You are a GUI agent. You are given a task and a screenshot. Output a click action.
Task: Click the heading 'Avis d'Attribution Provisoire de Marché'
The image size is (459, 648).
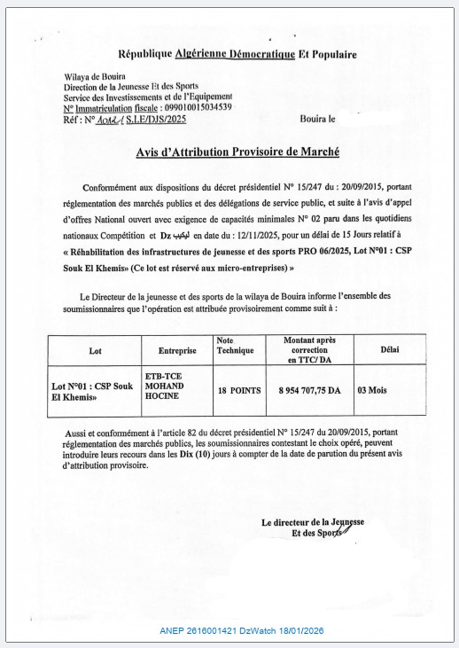pos(237,152)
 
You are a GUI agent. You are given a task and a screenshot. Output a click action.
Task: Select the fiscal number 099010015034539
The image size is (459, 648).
pos(191,106)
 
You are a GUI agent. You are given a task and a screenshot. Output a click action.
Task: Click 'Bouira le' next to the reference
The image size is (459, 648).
pos(318,117)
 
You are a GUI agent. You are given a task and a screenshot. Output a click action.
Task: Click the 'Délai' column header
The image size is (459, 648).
pos(389,349)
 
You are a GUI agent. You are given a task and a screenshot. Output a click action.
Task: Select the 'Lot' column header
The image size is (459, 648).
pos(95,350)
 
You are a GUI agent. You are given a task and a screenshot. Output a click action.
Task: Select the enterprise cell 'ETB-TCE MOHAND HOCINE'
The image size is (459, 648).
pos(167,386)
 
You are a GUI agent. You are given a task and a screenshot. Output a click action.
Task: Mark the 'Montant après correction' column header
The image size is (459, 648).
pos(308,349)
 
